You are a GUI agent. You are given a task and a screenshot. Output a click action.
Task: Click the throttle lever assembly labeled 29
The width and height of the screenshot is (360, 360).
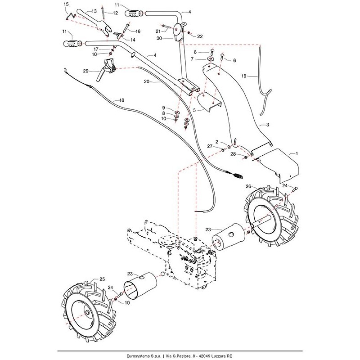pyautogui.click(x=110, y=69)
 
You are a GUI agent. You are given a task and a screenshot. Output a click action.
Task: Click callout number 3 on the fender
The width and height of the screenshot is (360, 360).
pyautogui.click(x=268, y=125)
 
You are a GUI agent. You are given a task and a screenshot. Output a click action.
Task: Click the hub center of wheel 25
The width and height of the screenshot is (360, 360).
pyautogui.click(x=85, y=314)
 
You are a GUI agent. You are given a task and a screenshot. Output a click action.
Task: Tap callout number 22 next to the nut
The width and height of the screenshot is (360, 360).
pyautogui.click(x=200, y=36)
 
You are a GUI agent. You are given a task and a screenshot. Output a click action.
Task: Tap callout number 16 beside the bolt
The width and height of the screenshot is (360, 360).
pyautogui.click(x=138, y=31)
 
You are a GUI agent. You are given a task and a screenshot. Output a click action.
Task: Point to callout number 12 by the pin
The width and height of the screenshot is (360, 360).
pyautogui.click(x=116, y=13)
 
